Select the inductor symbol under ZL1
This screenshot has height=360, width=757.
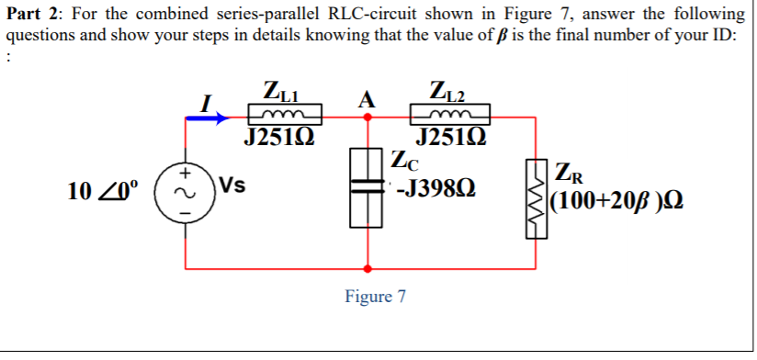tap(286, 115)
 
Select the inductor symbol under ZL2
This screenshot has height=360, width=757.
tap(450, 115)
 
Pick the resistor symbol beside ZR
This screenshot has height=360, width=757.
tap(535, 197)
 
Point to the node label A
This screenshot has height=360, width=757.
tap(367, 99)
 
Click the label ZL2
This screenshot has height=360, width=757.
tap(447, 92)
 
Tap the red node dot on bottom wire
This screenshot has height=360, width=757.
tap(368, 269)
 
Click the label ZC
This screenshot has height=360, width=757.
tap(404, 163)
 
